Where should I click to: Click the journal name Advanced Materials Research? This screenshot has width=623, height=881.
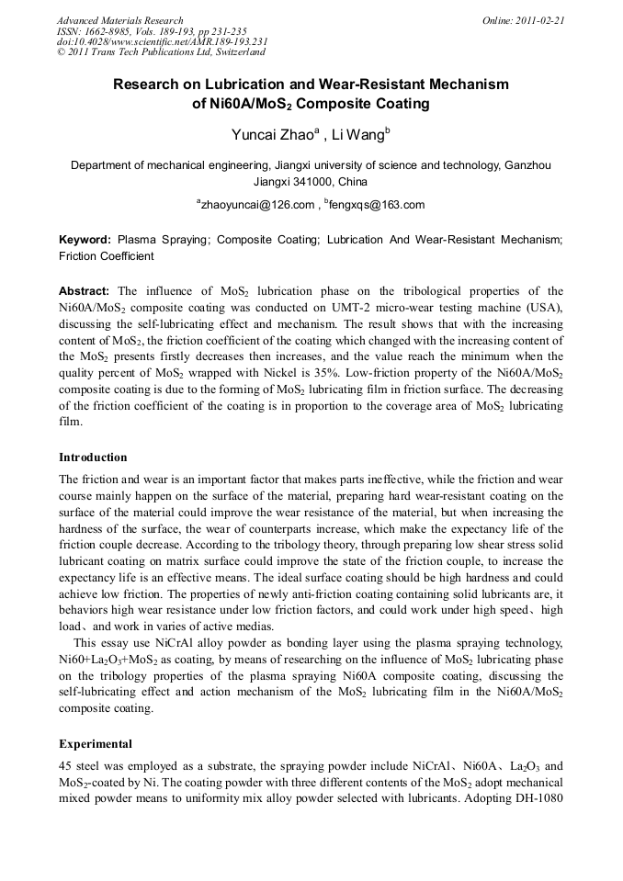pos(119,20)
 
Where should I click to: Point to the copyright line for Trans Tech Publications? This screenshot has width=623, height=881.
pos(161,52)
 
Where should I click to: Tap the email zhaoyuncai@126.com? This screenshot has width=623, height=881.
pos(257,204)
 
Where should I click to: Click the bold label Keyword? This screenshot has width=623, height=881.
pos(85,239)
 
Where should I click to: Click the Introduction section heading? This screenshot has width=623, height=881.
pos(93,457)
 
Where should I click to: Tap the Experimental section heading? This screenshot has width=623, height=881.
pos(96,743)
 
